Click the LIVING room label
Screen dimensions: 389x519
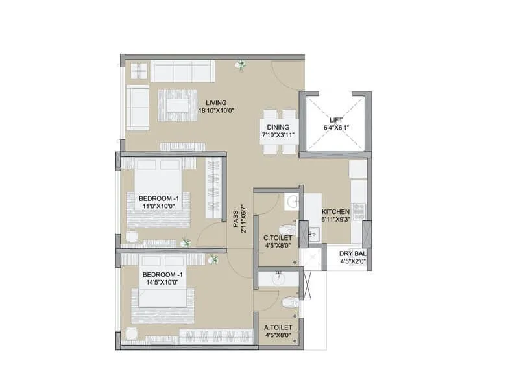tap(216, 102)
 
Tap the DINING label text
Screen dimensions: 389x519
tap(280, 128)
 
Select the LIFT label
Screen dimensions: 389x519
tap(335, 120)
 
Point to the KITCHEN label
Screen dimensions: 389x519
tap(335, 211)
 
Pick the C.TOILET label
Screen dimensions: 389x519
tap(277, 238)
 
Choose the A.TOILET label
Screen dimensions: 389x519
tap(278, 327)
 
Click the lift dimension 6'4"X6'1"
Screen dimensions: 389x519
tap(335, 128)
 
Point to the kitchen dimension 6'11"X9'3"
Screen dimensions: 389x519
tap(335, 219)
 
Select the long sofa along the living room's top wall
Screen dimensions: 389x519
tap(182, 71)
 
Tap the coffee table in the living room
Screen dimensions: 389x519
tap(177, 104)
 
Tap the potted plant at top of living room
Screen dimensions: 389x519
tap(241, 64)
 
